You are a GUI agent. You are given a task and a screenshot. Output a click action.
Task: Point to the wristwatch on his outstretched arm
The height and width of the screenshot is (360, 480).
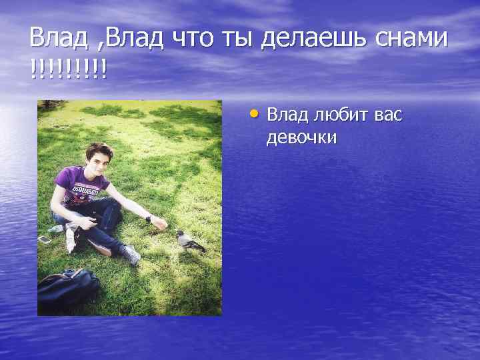click(148, 219)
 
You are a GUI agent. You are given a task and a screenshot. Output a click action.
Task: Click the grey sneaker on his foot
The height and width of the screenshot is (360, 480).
click(131, 255)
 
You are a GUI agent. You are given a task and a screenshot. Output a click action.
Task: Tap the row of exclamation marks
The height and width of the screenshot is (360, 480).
click(67, 69)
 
